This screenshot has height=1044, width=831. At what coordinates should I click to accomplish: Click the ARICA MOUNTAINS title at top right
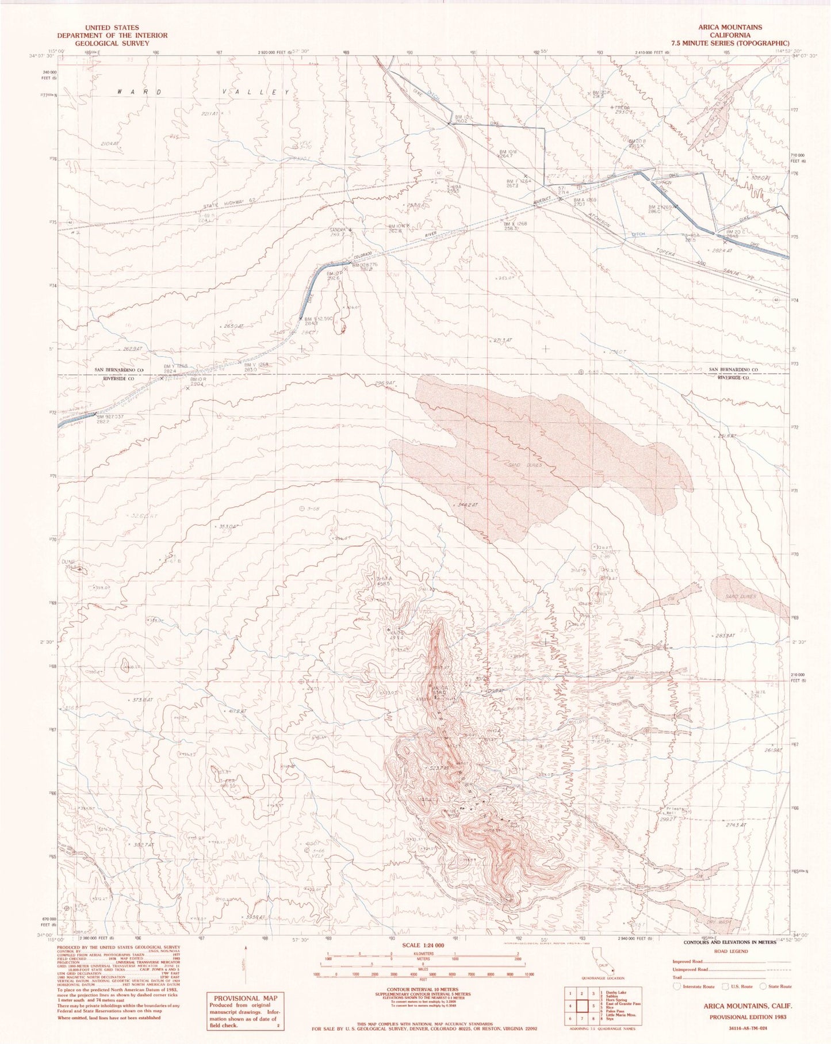[x=730, y=27]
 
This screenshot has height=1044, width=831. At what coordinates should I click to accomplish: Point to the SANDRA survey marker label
[x=338, y=230]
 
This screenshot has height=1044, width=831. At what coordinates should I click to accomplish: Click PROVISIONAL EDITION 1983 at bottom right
[x=747, y=1016]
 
